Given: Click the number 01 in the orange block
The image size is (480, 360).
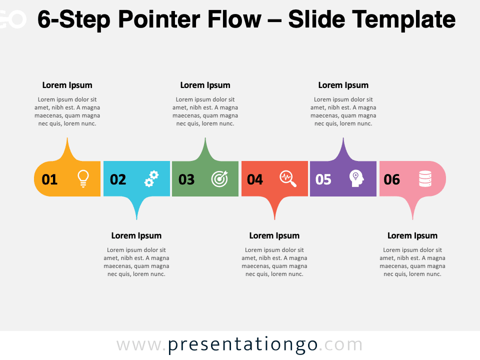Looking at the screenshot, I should click(x=49, y=179).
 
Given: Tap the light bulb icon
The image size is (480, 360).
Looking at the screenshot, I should click(x=83, y=178).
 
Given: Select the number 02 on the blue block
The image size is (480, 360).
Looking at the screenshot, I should click(x=118, y=179).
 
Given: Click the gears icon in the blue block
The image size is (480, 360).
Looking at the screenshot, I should click(x=151, y=178).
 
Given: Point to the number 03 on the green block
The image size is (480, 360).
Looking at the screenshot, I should click(x=186, y=179).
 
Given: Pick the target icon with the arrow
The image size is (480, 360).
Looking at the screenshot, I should click(x=219, y=178).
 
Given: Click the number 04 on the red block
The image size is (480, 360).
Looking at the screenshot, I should click(x=255, y=179).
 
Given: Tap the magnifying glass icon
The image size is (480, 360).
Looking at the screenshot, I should click(x=288, y=178).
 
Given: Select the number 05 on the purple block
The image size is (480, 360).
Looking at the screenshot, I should click(x=323, y=179).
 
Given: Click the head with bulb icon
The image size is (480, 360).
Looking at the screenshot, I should click(x=356, y=178).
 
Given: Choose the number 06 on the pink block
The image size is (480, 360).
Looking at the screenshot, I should click(x=392, y=179).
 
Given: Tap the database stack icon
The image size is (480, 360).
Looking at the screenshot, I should click(x=425, y=178).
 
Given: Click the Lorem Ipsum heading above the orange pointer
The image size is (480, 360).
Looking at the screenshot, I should click(x=67, y=85).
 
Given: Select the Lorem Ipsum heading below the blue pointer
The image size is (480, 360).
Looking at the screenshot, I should click(x=136, y=235).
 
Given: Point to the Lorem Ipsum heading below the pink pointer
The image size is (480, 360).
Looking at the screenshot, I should click(x=412, y=235).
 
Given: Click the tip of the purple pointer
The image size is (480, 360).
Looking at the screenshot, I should click(x=343, y=139).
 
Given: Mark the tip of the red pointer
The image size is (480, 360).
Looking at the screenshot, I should click(x=274, y=218).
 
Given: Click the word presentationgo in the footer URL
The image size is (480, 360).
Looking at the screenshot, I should click(x=242, y=345).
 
